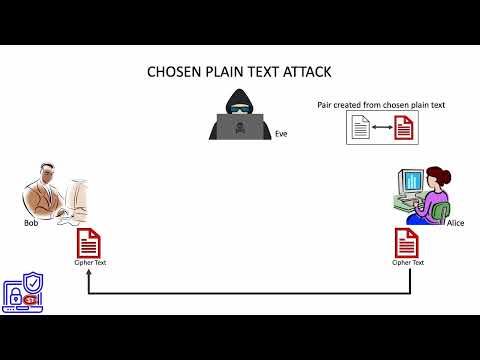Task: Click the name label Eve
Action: pos(281,133)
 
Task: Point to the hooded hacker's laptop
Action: pos(240,128)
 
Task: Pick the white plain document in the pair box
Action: pos(360,127)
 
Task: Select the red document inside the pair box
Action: pos(403,127)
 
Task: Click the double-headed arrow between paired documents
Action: pos(382,127)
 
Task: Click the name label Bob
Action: pos(31,223)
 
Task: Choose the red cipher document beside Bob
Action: pos(89,242)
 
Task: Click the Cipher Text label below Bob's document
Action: pos(89,262)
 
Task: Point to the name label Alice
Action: pos(456,223)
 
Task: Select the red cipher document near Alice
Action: pos(407,242)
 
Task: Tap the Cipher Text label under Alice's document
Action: pos(407,262)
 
